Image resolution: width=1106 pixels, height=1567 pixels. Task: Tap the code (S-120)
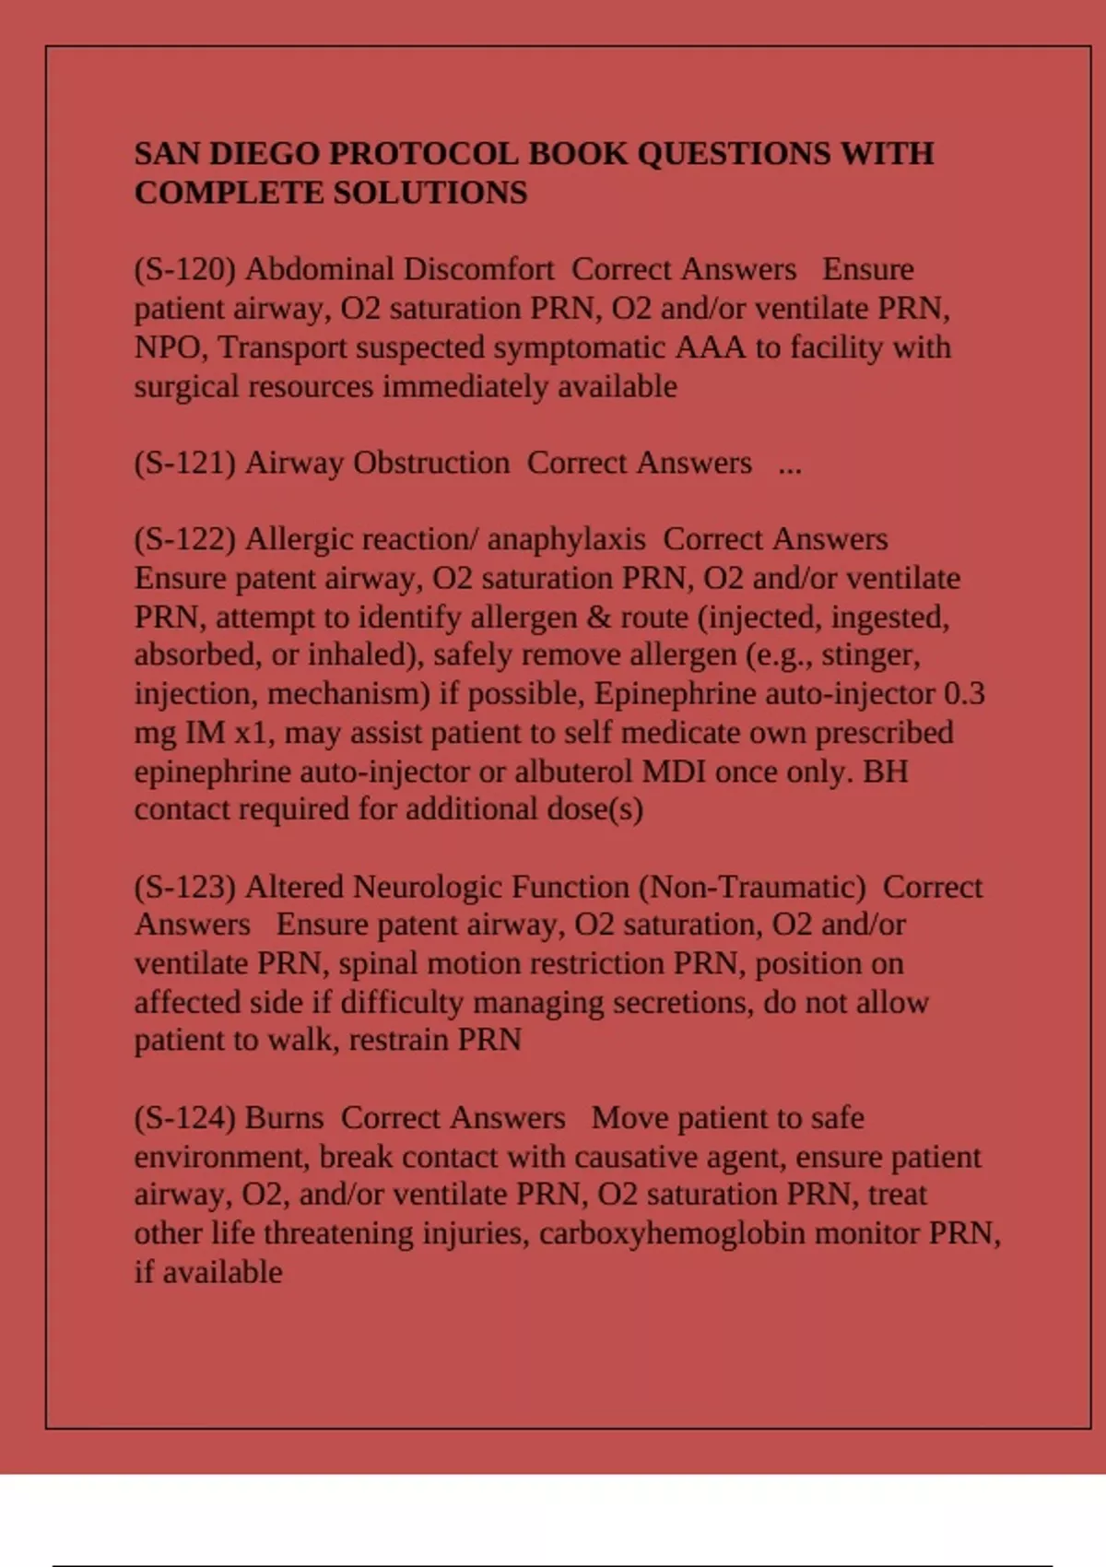click(185, 269)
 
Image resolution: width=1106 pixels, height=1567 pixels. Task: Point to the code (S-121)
click(185, 463)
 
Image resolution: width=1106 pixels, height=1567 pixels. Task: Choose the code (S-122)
click(185, 539)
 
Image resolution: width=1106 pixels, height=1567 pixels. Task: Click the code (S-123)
click(185, 887)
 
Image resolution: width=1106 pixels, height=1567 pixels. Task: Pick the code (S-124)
click(185, 1118)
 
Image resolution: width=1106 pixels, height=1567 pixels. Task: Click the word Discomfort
click(478, 269)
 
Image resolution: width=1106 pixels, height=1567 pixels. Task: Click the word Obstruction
click(431, 463)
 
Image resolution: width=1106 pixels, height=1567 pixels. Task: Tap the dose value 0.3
click(964, 693)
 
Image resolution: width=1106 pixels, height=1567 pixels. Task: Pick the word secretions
click(680, 1002)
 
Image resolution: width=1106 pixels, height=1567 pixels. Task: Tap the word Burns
click(285, 1118)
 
